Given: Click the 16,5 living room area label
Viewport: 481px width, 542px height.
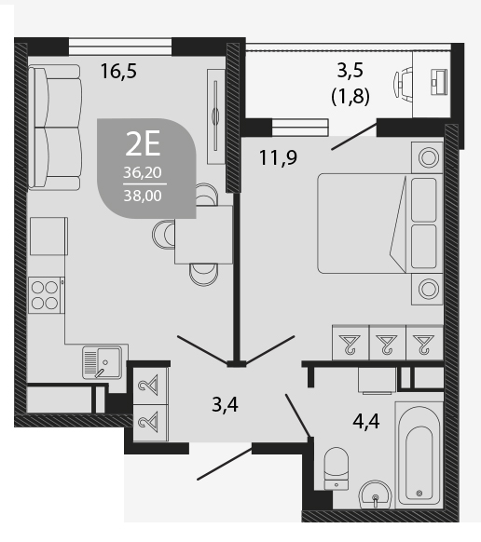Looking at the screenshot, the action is tap(118, 71).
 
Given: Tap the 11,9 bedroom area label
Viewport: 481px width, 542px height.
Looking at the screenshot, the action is tap(278, 158).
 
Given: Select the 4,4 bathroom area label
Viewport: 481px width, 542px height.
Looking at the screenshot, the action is tap(366, 421).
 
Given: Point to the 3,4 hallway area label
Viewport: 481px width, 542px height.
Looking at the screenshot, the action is tap(225, 405).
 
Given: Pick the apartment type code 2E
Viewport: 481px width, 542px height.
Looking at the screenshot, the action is tap(143, 143).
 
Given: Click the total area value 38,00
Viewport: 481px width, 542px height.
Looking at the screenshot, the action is tap(143, 196).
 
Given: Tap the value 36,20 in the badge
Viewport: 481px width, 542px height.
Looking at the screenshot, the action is tap(143, 172).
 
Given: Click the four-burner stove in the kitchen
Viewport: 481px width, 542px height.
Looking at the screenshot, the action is tap(47, 295).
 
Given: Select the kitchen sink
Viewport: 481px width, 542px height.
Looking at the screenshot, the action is tap(103, 362).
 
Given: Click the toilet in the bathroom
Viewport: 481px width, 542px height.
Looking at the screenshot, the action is tap(336, 468).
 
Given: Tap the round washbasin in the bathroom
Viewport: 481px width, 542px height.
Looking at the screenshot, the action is tap(376, 495).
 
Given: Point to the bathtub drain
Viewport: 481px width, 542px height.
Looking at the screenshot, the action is tap(419, 493).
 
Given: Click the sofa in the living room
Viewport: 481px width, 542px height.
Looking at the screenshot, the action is tap(55, 128).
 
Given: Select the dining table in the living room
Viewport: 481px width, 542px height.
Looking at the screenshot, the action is tap(203, 235).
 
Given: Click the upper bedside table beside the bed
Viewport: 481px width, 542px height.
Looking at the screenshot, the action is tap(427, 157).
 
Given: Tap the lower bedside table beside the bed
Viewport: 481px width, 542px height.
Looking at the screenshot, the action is tap(427, 289).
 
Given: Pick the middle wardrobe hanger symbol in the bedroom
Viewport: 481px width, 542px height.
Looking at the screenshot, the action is tap(388, 344).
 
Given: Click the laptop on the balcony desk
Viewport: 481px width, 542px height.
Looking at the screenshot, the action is tap(439, 82).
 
